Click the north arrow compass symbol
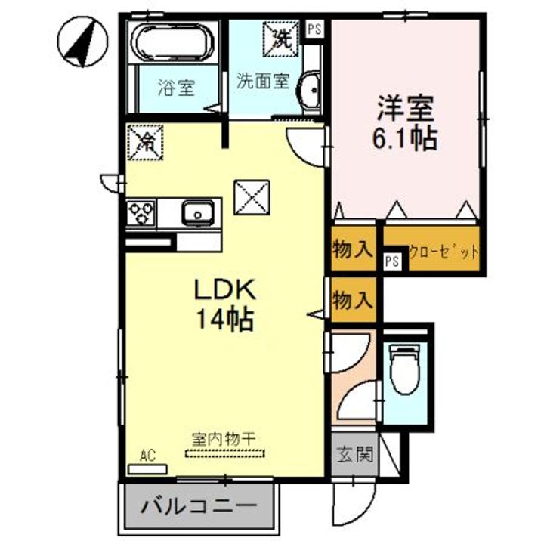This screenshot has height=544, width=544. coord(82,42)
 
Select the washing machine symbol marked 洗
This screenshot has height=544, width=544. coord(280,39)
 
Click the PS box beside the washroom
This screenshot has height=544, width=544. coord(314,29)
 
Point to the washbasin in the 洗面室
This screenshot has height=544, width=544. coord(308,90)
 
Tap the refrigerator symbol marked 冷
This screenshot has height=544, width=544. coord(145,142)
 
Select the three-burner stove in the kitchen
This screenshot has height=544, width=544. coord(141,212)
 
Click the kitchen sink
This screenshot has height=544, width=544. coord(197,212)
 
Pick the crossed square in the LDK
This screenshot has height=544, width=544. coord(252,197)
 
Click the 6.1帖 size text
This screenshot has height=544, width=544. coord(404,139)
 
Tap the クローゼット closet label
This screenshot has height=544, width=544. coord(444,252)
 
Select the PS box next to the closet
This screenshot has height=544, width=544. coord(392,261)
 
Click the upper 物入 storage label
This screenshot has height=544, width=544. coord(353,249)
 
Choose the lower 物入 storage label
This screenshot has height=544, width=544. coord(353,300)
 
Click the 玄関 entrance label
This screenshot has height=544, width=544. coord(354,454)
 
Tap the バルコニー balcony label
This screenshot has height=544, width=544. coord(199,507)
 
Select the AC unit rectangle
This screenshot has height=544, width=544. coord(147,469)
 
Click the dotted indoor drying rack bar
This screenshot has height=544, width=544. coord(225,453)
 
